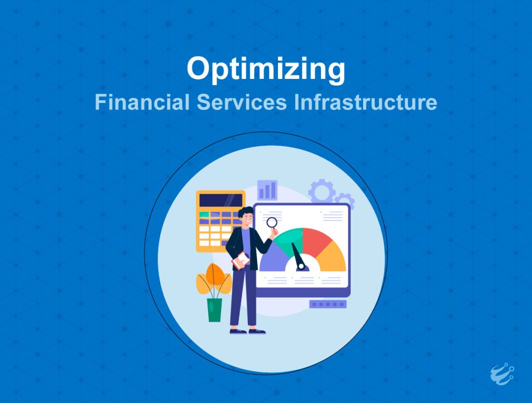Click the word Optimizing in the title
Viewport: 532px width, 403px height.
266,70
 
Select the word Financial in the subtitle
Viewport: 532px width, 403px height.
142,102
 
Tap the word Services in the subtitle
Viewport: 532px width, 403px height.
242,102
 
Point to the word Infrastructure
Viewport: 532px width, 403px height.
365,102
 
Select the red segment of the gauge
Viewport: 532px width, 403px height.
315,241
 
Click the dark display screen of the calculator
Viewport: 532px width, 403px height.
221,200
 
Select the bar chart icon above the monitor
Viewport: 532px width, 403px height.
267,190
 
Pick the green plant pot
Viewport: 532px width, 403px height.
215,310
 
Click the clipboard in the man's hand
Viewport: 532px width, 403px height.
241,261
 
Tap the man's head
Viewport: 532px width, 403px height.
246,216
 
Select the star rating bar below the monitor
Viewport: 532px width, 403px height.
328,304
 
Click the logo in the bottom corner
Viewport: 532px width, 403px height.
502,374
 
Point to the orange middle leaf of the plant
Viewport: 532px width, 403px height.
214,275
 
